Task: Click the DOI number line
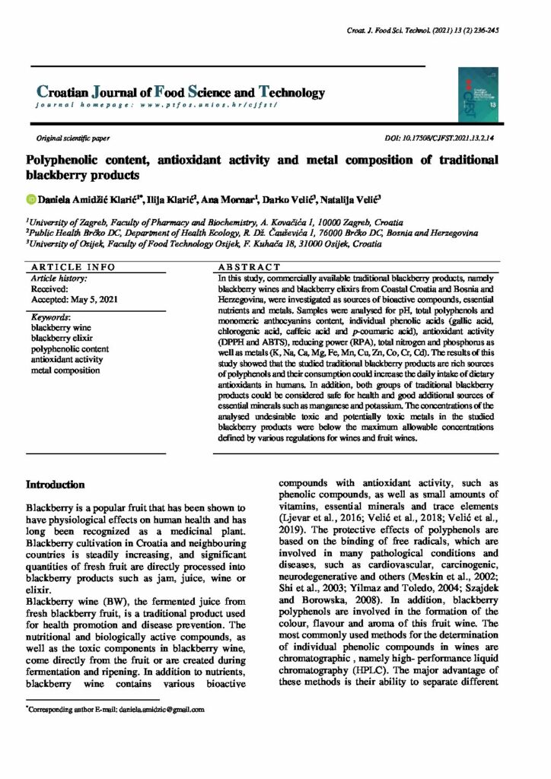(441, 139)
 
